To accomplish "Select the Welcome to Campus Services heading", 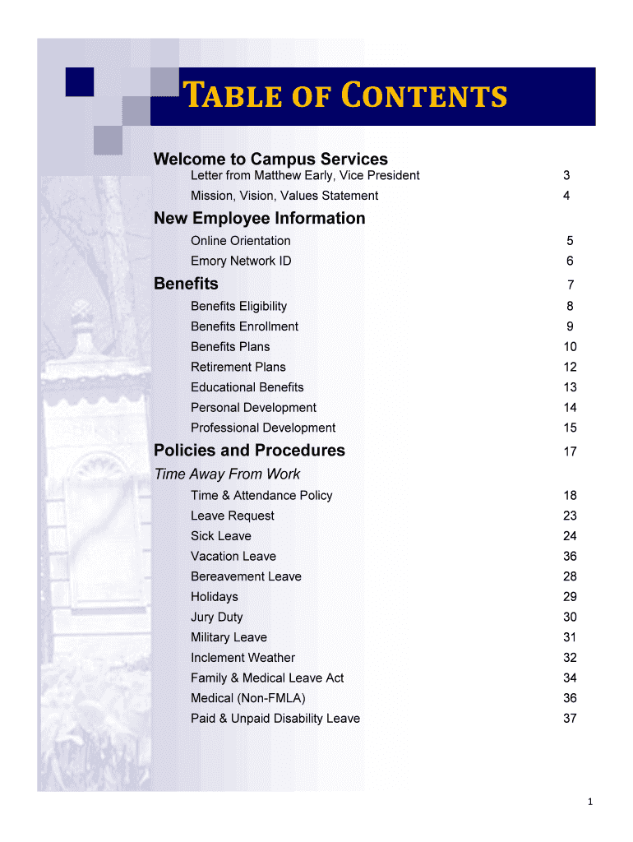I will pyautogui.click(x=270, y=159).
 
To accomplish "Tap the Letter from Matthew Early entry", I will pyautogui.click(x=305, y=175).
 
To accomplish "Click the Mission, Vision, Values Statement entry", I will pyautogui.click(x=284, y=196).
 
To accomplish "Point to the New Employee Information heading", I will pyautogui.click(x=260, y=218).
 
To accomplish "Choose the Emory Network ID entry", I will pyautogui.click(x=241, y=261).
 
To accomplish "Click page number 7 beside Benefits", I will pyautogui.click(x=570, y=285).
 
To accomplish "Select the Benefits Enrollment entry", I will pyautogui.click(x=244, y=326).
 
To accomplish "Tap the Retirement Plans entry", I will pyautogui.click(x=238, y=367).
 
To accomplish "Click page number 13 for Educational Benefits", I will pyautogui.click(x=570, y=387).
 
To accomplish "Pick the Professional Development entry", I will pyautogui.click(x=263, y=428).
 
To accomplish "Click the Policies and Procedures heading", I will pyautogui.click(x=249, y=451).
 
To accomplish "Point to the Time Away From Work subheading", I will pyautogui.click(x=227, y=474).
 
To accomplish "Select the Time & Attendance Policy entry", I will pyautogui.click(x=261, y=495).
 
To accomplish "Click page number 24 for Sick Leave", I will pyautogui.click(x=570, y=536).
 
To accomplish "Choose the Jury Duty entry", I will pyautogui.click(x=217, y=617).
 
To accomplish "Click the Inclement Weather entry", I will pyautogui.click(x=243, y=658).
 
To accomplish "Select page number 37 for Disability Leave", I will pyautogui.click(x=570, y=719).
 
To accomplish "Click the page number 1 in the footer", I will pyautogui.click(x=590, y=803).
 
